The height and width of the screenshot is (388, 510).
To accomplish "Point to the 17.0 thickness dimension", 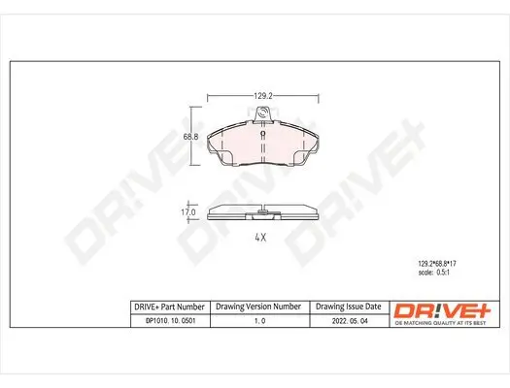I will tap(190, 211).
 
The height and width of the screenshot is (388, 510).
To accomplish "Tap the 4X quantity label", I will tap(260, 238).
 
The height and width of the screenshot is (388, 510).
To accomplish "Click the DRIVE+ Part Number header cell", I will tap(168, 305).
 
